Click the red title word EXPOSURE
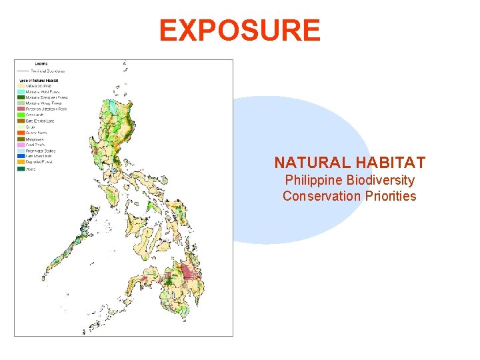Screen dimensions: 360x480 [x=239, y=31]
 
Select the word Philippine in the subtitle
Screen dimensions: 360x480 [x=313, y=180]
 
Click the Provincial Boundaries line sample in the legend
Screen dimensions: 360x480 [x=22, y=70]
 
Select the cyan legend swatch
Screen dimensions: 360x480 [x=21, y=91]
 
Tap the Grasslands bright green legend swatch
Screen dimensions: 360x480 [x=21, y=113]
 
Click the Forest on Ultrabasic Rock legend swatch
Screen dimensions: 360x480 [x=21, y=108]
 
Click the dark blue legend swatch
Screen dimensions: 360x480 [x=21, y=156]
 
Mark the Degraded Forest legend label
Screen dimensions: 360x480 [x=39, y=161]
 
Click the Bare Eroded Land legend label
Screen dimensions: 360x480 [x=39, y=119]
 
